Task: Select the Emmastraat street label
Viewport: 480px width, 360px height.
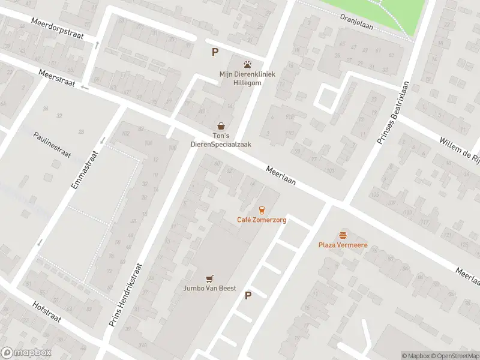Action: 83,170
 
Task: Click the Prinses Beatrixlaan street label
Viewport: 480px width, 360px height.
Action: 392,113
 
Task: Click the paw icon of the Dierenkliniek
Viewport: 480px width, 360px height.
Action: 247,64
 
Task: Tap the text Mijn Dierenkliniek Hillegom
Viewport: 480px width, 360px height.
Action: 247,79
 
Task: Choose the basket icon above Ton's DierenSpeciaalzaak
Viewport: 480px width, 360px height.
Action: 222,126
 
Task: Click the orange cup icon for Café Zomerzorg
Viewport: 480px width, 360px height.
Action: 261,209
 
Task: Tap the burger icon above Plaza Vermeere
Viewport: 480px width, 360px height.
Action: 343,235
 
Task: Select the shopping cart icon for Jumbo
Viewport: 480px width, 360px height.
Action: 209,278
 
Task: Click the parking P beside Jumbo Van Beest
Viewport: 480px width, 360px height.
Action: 248,295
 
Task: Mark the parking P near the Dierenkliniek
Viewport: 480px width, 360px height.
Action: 215,52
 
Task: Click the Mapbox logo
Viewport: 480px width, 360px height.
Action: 26,353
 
